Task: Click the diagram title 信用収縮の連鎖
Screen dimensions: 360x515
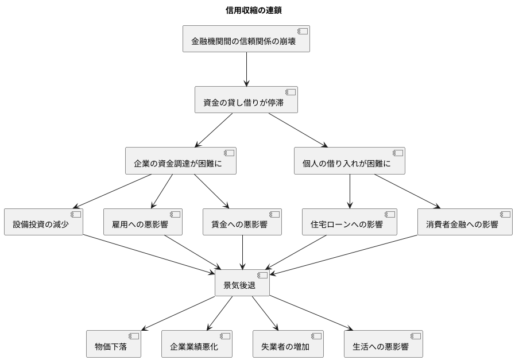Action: [253, 10]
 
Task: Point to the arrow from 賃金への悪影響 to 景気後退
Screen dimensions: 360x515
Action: [242, 252]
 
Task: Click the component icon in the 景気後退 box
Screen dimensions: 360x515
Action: [262, 275]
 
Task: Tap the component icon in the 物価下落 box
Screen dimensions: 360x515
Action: [133, 336]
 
